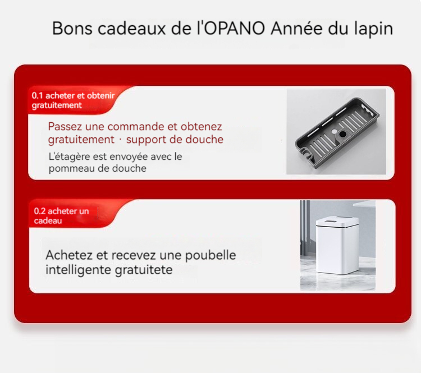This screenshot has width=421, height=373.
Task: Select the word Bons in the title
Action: [72, 28]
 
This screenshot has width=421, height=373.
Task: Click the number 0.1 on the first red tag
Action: [37, 95]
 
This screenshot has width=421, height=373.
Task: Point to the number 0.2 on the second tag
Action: [40, 211]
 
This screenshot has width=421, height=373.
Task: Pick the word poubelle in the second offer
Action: [210, 255]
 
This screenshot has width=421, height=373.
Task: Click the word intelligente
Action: [79, 270]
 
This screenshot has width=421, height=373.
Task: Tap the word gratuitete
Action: [144, 270]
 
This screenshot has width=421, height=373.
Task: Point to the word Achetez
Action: [69, 255]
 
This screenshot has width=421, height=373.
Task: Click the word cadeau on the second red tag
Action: [48, 221]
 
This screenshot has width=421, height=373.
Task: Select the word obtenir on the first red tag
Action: [101, 95]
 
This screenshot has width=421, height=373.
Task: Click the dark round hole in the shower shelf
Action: [342, 133]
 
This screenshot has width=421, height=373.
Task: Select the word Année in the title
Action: [296, 28]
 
